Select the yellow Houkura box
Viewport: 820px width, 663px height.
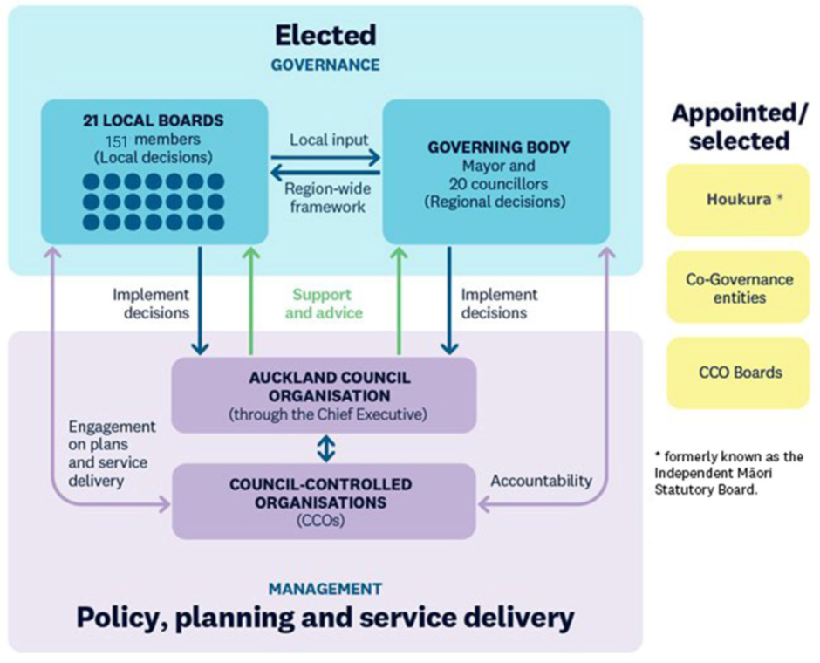point(738,199)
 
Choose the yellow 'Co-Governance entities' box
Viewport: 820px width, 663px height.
point(738,288)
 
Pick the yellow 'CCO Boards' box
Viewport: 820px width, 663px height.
point(738,373)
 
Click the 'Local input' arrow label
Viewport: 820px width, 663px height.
point(329,139)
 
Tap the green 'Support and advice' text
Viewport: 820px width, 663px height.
point(322,304)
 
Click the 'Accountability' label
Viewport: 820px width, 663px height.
point(541,481)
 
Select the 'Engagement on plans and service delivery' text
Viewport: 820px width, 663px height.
point(109,453)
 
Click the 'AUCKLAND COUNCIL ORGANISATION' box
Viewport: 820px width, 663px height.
point(324,395)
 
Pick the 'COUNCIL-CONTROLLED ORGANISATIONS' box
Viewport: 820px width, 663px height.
point(324,502)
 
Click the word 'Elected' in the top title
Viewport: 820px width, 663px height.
point(325,35)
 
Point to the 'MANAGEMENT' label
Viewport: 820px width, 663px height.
point(325,589)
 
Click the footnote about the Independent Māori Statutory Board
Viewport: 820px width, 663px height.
point(728,472)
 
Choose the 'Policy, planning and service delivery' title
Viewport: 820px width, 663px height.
point(325,619)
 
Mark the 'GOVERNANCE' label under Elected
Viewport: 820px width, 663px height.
point(325,65)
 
